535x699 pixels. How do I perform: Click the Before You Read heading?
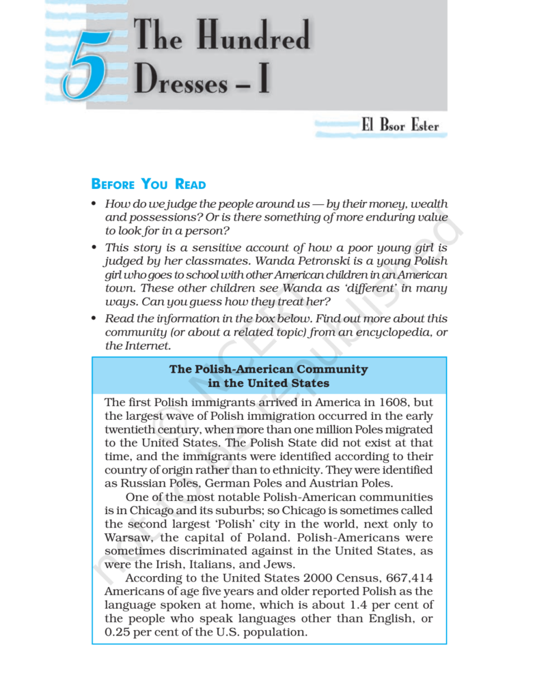[148, 184]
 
